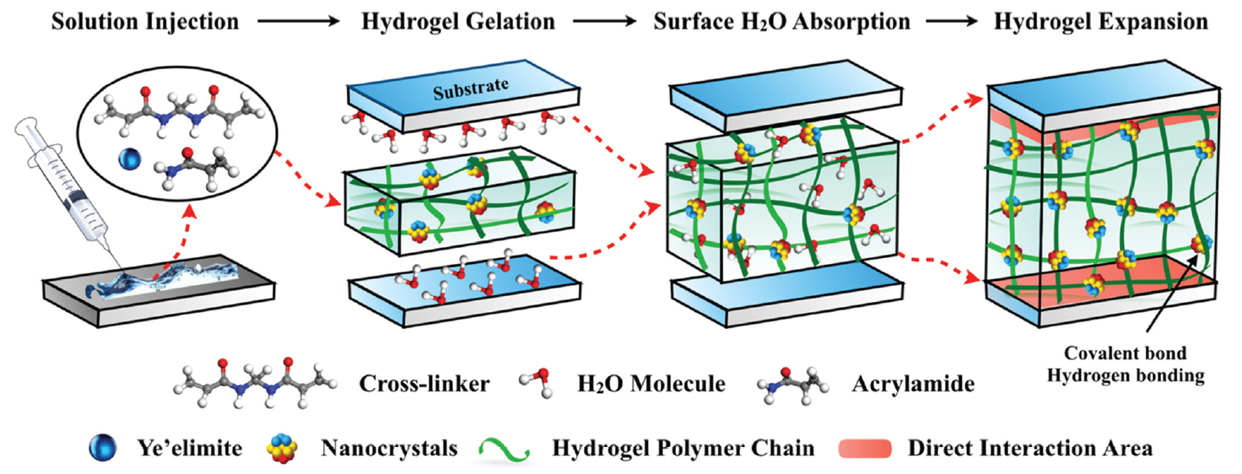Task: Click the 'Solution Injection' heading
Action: tap(145, 22)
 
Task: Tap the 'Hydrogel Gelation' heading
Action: tap(458, 22)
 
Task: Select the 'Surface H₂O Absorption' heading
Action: tap(782, 22)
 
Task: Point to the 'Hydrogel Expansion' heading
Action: tap(1100, 22)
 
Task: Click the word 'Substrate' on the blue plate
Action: tap(471, 89)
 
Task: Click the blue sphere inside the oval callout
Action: tap(130, 159)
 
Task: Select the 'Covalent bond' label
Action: tap(1125, 353)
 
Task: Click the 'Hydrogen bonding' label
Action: tap(1126, 376)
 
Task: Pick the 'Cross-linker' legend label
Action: tap(424, 384)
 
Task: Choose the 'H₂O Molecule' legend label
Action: tap(651, 384)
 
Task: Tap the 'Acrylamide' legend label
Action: tap(913, 384)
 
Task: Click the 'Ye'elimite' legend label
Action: tap(190, 448)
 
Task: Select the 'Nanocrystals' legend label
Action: tap(389, 448)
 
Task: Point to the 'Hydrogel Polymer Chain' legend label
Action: tap(683, 448)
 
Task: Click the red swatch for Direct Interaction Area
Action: tap(865, 449)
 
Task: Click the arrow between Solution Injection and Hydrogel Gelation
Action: tap(299, 22)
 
